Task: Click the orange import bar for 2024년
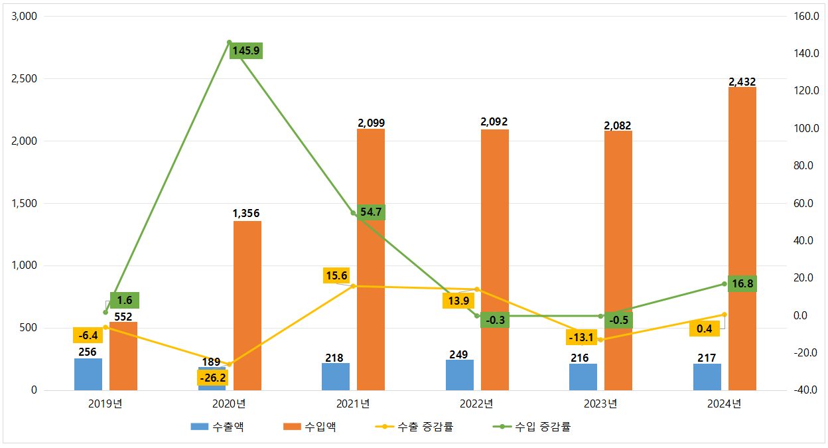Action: click(742, 239)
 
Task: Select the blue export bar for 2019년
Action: click(88, 374)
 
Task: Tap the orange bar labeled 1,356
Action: click(247, 305)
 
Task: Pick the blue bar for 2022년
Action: click(459, 375)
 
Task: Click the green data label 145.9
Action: click(246, 50)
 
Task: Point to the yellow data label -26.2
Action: click(212, 378)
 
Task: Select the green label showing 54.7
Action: click(370, 212)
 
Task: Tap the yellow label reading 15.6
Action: click(336, 275)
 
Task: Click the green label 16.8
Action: click(742, 284)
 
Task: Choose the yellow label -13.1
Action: click(582, 337)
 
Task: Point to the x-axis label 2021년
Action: click(353, 404)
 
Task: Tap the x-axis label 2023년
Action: click(600, 404)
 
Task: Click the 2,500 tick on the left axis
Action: click(25, 79)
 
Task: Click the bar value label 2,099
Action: click(371, 123)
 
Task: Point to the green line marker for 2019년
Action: click(105, 312)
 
